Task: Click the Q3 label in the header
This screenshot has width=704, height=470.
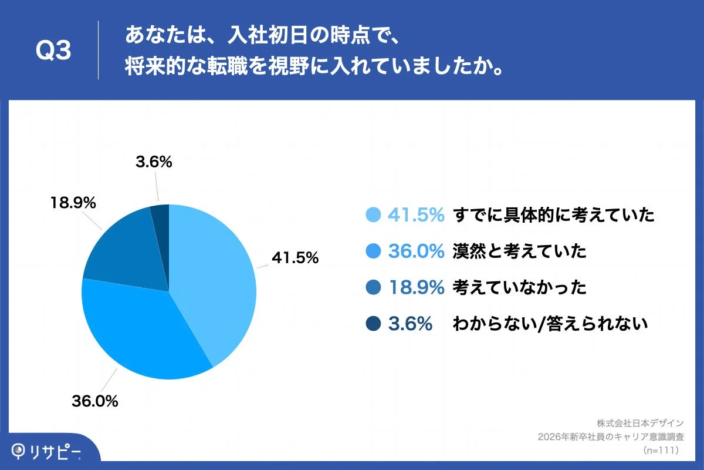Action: (x=53, y=52)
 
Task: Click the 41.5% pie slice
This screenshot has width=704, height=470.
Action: (x=217, y=276)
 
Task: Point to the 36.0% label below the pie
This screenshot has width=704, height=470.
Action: (x=95, y=402)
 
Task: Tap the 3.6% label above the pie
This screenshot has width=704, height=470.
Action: (x=154, y=162)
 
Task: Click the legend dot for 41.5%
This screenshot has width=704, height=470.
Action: (x=373, y=216)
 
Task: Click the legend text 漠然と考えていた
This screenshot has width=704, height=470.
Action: (x=519, y=252)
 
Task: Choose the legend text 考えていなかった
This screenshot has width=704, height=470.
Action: (x=519, y=288)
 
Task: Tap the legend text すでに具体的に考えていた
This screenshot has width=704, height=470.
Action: (x=553, y=216)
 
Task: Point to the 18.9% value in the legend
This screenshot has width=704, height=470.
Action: (x=416, y=288)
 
